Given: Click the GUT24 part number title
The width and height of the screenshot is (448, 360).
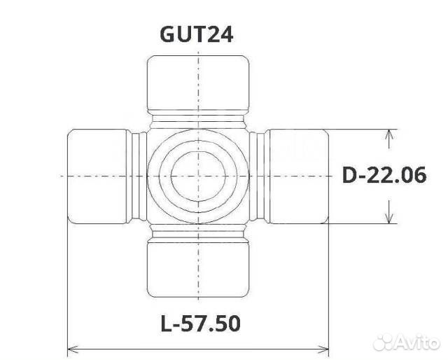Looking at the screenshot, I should [x=199, y=34].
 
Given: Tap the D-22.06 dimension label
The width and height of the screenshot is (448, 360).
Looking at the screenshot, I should [x=384, y=175].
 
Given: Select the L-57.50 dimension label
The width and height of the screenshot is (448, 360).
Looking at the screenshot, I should [x=200, y=324].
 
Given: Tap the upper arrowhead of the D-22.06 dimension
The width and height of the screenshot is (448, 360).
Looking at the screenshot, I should [x=388, y=135].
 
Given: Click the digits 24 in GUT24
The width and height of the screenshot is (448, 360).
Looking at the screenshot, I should [x=223, y=34].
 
